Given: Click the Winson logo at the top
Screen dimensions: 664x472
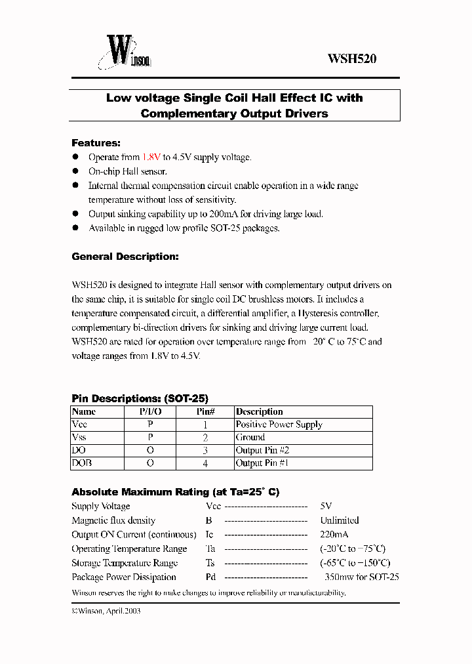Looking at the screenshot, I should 125,53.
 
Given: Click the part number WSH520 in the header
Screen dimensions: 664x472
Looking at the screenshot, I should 351,58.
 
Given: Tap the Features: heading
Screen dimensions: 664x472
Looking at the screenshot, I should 96,143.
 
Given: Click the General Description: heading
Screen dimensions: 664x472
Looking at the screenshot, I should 125,257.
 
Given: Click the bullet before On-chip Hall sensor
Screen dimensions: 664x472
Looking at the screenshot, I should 75,171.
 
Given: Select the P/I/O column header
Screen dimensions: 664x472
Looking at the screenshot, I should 150,412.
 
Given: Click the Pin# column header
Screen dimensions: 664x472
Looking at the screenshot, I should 206,412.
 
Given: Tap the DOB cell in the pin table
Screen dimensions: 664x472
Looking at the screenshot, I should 81,463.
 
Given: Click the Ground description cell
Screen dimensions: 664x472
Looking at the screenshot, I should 250,438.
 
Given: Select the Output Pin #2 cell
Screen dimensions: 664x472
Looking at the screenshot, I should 262,451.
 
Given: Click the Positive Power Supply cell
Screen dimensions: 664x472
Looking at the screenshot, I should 279,425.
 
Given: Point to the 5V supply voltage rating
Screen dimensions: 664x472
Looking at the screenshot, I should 326,507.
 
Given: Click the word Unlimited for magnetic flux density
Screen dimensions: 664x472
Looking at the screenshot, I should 339,520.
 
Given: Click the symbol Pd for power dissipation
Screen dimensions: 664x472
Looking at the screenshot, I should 210,577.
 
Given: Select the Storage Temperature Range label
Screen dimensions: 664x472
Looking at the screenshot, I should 125,563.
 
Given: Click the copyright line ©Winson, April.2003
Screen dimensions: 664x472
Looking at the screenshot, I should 106,611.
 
